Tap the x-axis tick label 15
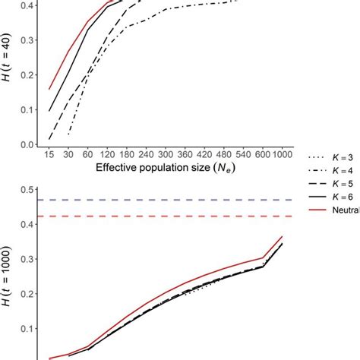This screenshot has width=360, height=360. pyautogui.click(x=49, y=152)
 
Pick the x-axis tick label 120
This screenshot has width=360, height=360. pyautogui.click(x=111, y=152)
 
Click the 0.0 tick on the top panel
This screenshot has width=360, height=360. pyautogui.click(x=29, y=144)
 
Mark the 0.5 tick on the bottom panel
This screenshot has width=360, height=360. pyautogui.click(x=29, y=190)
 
